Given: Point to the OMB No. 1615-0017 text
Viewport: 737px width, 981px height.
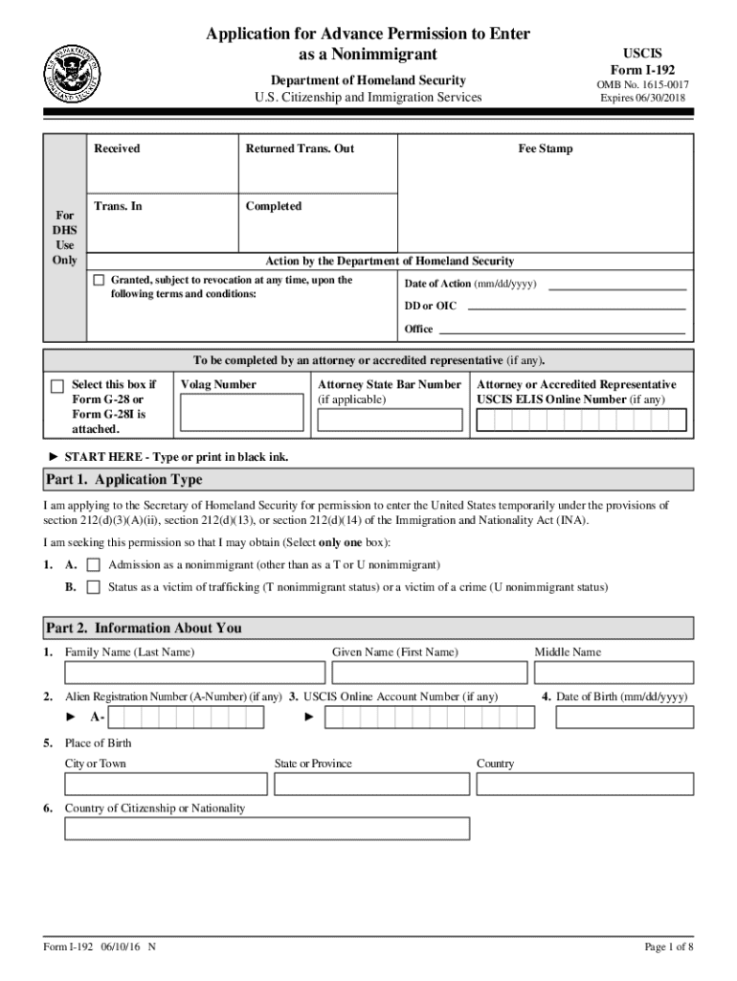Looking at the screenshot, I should tap(642, 84).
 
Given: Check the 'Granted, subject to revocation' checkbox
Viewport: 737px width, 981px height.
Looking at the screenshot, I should tap(99, 281).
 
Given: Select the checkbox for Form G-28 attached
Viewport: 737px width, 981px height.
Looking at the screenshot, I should tap(57, 386).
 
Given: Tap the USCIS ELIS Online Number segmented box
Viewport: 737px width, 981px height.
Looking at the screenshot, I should tap(581, 421).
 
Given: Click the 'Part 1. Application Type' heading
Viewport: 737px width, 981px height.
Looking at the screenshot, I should tap(124, 479).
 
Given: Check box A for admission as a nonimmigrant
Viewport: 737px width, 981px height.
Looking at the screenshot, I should tap(94, 565).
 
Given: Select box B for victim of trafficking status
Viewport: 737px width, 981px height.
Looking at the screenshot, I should tap(94, 587).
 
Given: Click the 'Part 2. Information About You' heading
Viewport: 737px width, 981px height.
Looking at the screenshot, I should tap(144, 628).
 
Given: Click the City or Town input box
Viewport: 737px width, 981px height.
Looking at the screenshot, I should tap(166, 784).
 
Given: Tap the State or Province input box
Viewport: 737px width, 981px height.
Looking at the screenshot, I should tap(370, 784).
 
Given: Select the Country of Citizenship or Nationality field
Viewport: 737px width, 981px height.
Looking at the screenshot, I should tap(267, 829).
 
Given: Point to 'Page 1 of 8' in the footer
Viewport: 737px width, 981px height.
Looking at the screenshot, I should tap(668, 947).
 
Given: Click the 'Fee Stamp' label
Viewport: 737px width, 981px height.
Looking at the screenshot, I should tap(546, 148).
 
